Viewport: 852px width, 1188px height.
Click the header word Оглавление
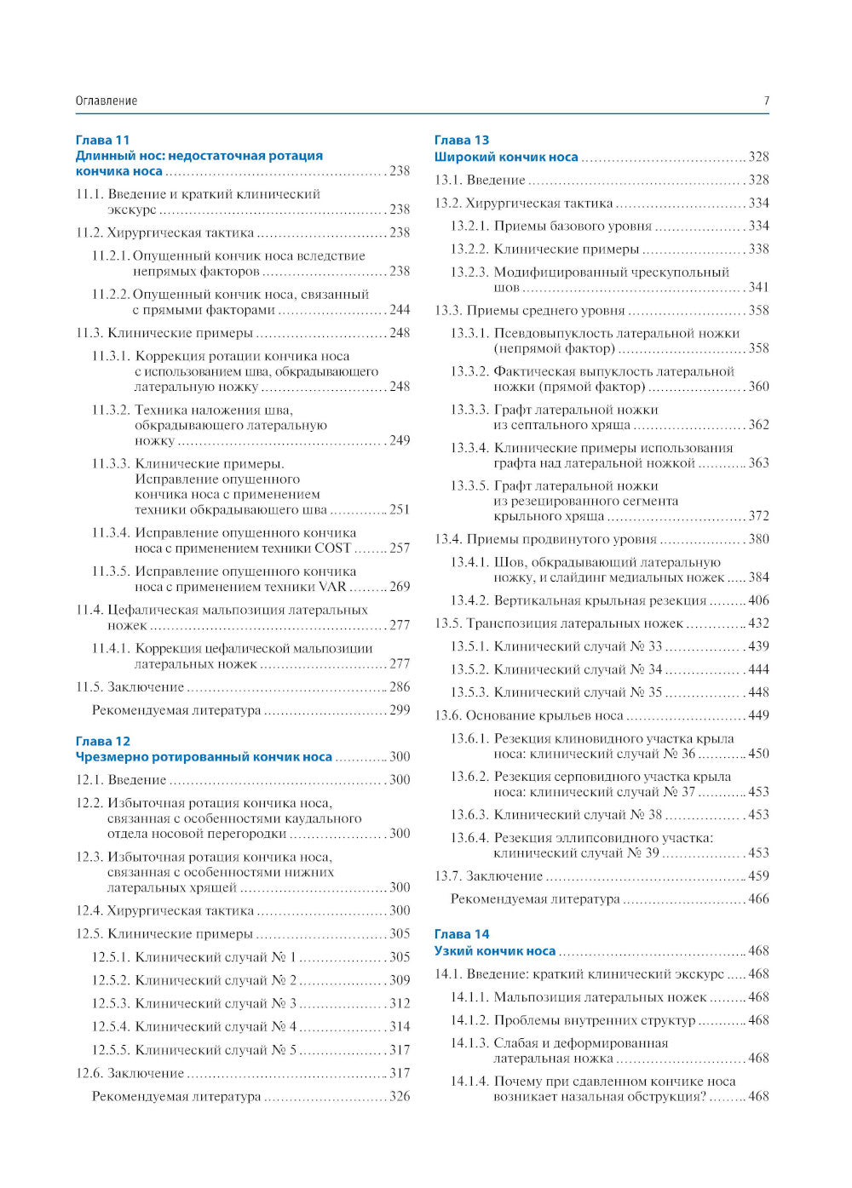click(106, 100)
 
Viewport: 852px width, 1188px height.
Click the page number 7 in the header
click(766, 100)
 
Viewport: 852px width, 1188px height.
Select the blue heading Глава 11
click(102, 140)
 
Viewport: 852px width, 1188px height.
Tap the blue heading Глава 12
click(102, 741)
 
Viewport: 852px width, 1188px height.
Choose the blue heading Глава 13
click(462, 140)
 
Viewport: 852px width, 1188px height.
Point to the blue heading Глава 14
click(462, 934)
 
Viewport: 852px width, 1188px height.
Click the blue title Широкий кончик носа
click(506, 157)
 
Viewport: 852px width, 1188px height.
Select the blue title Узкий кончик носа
click(495, 950)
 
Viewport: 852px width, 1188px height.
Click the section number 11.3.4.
click(111, 533)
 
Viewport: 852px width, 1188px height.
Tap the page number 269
click(400, 587)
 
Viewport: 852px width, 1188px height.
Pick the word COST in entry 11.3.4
click(333, 548)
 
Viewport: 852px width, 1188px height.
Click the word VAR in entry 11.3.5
click(332, 587)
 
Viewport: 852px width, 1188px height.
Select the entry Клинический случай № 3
click(216, 1003)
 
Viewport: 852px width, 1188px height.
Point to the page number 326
click(400, 1096)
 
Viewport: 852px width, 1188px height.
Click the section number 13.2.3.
click(469, 273)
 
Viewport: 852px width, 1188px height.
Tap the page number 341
click(758, 288)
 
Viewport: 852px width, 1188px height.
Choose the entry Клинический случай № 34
click(578, 669)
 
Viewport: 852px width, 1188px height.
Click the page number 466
click(758, 898)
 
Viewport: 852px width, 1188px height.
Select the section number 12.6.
click(89, 1073)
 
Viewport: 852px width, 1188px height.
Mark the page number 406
click(758, 600)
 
